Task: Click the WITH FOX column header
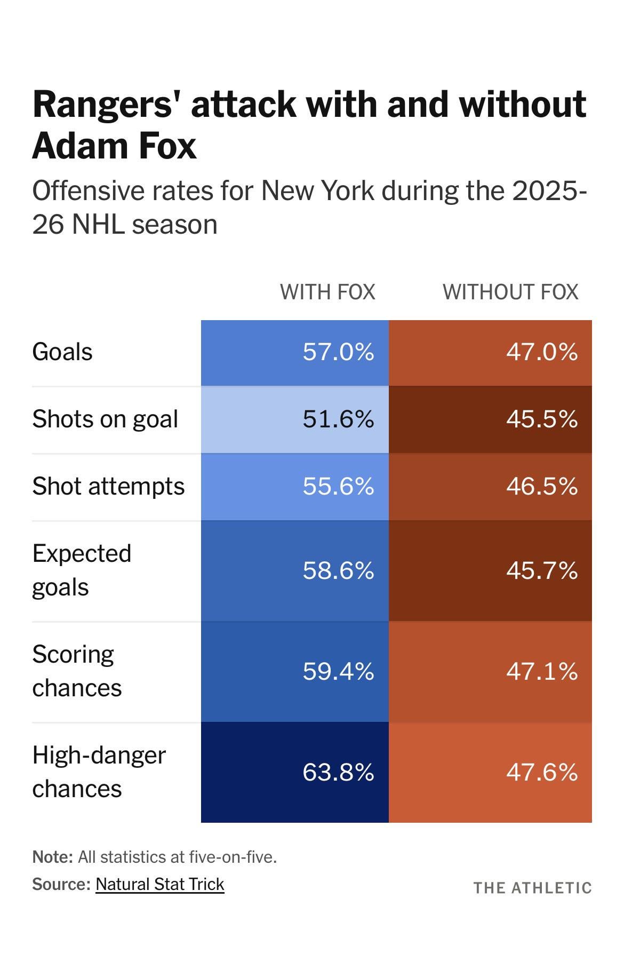pyautogui.click(x=327, y=292)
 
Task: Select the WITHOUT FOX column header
pyautogui.click(x=510, y=292)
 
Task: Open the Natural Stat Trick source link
pyautogui.click(x=160, y=884)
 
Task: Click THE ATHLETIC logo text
pyautogui.click(x=532, y=888)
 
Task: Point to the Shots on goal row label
pyautogui.click(x=105, y=419)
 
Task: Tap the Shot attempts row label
pyautogui.click(x=108, y=487)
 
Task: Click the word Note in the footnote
pyautogui.click(x=52, y=857)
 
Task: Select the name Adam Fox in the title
pyautogui.click(x=115, y=145)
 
